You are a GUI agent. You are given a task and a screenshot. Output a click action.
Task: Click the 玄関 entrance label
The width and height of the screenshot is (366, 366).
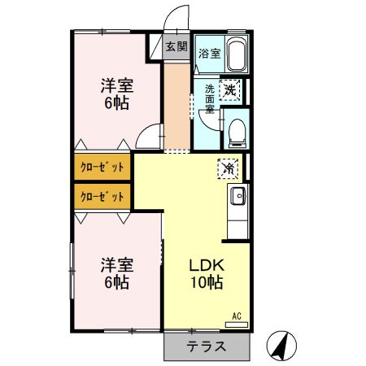point(176,46)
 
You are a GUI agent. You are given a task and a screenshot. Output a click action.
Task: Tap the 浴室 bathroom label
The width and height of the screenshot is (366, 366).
point(210,54)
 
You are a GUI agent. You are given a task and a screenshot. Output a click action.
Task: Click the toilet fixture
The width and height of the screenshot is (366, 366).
point(234,129)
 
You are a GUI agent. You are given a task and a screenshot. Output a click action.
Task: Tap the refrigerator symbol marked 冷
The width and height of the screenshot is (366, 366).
point(229,168)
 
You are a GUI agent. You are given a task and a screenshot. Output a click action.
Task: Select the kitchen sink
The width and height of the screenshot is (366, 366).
point(238,195)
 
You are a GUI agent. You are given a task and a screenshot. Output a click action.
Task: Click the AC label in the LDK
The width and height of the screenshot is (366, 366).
point(237,316)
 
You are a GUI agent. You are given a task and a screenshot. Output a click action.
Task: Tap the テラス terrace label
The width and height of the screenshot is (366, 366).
point(206,347)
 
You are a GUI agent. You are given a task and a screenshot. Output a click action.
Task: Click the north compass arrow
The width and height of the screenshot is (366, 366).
point(281,346)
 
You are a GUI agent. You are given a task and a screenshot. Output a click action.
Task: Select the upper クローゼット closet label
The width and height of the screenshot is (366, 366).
point(102,168)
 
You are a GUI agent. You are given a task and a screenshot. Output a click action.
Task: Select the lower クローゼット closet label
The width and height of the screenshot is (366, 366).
point(102,196)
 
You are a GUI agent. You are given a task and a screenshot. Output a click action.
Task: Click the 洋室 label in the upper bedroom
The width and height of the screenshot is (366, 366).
point(117,85)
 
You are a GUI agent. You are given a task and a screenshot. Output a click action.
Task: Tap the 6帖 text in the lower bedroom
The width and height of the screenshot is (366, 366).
point(117,282)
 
